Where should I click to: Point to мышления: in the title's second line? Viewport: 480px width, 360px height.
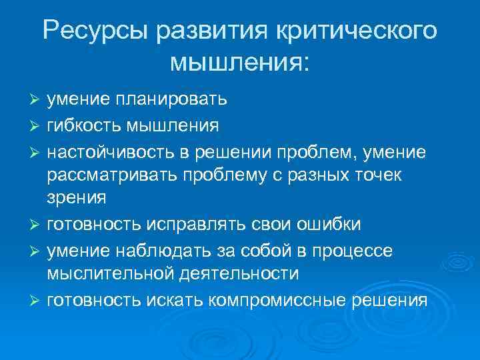click(240, 63)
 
